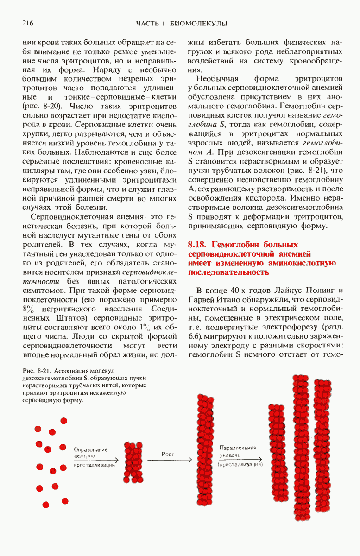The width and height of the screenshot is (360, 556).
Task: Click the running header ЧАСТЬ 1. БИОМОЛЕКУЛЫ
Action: [181, 23]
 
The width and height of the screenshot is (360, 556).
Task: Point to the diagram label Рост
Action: [168, 454]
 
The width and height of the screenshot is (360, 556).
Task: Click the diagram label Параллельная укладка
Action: [238, 452]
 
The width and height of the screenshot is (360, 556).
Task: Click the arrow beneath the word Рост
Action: [169, 460]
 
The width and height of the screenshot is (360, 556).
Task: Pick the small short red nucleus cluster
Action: [133, 462]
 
